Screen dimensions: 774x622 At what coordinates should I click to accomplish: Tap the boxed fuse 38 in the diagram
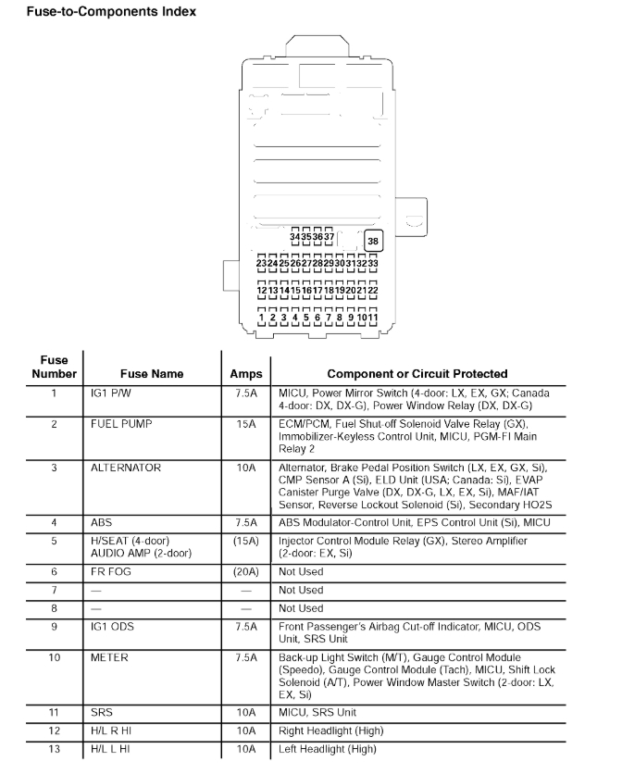click(x=373, y=242)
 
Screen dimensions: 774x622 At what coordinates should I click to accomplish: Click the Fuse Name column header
click(x=151, y=374)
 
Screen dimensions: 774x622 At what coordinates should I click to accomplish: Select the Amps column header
click(x=245, y=374)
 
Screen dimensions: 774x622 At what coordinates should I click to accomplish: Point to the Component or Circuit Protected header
click(x=417, y=374)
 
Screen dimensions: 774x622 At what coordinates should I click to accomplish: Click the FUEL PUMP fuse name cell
click(x=121, y=424)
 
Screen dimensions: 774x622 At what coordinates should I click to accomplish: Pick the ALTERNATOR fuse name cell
click(x=126, y=468)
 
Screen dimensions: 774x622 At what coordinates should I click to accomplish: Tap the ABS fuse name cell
click(x=102, y=522)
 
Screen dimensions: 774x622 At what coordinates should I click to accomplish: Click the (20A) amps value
click(x=245, y=572)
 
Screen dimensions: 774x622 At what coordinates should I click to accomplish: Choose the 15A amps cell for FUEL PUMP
click(x=245, y=424)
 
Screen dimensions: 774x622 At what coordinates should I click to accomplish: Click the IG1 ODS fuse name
click(x=112, y=627)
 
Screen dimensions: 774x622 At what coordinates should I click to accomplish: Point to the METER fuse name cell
click(x=109, y=658)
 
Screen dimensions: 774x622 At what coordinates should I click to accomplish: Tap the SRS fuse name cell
click(x=102, y=713)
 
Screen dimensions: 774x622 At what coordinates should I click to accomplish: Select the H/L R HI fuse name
click(x=111, y=731)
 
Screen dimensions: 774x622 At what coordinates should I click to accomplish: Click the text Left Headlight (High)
click(x=328, y=749)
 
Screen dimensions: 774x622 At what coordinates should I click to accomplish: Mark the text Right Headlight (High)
click(x=331, y=731)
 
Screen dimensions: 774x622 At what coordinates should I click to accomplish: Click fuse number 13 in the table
click(x=54, y=749)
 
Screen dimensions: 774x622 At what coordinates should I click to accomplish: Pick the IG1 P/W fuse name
click(x=111, y=393)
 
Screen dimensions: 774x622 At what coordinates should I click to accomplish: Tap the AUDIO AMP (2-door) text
click(x=141, y=553)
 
